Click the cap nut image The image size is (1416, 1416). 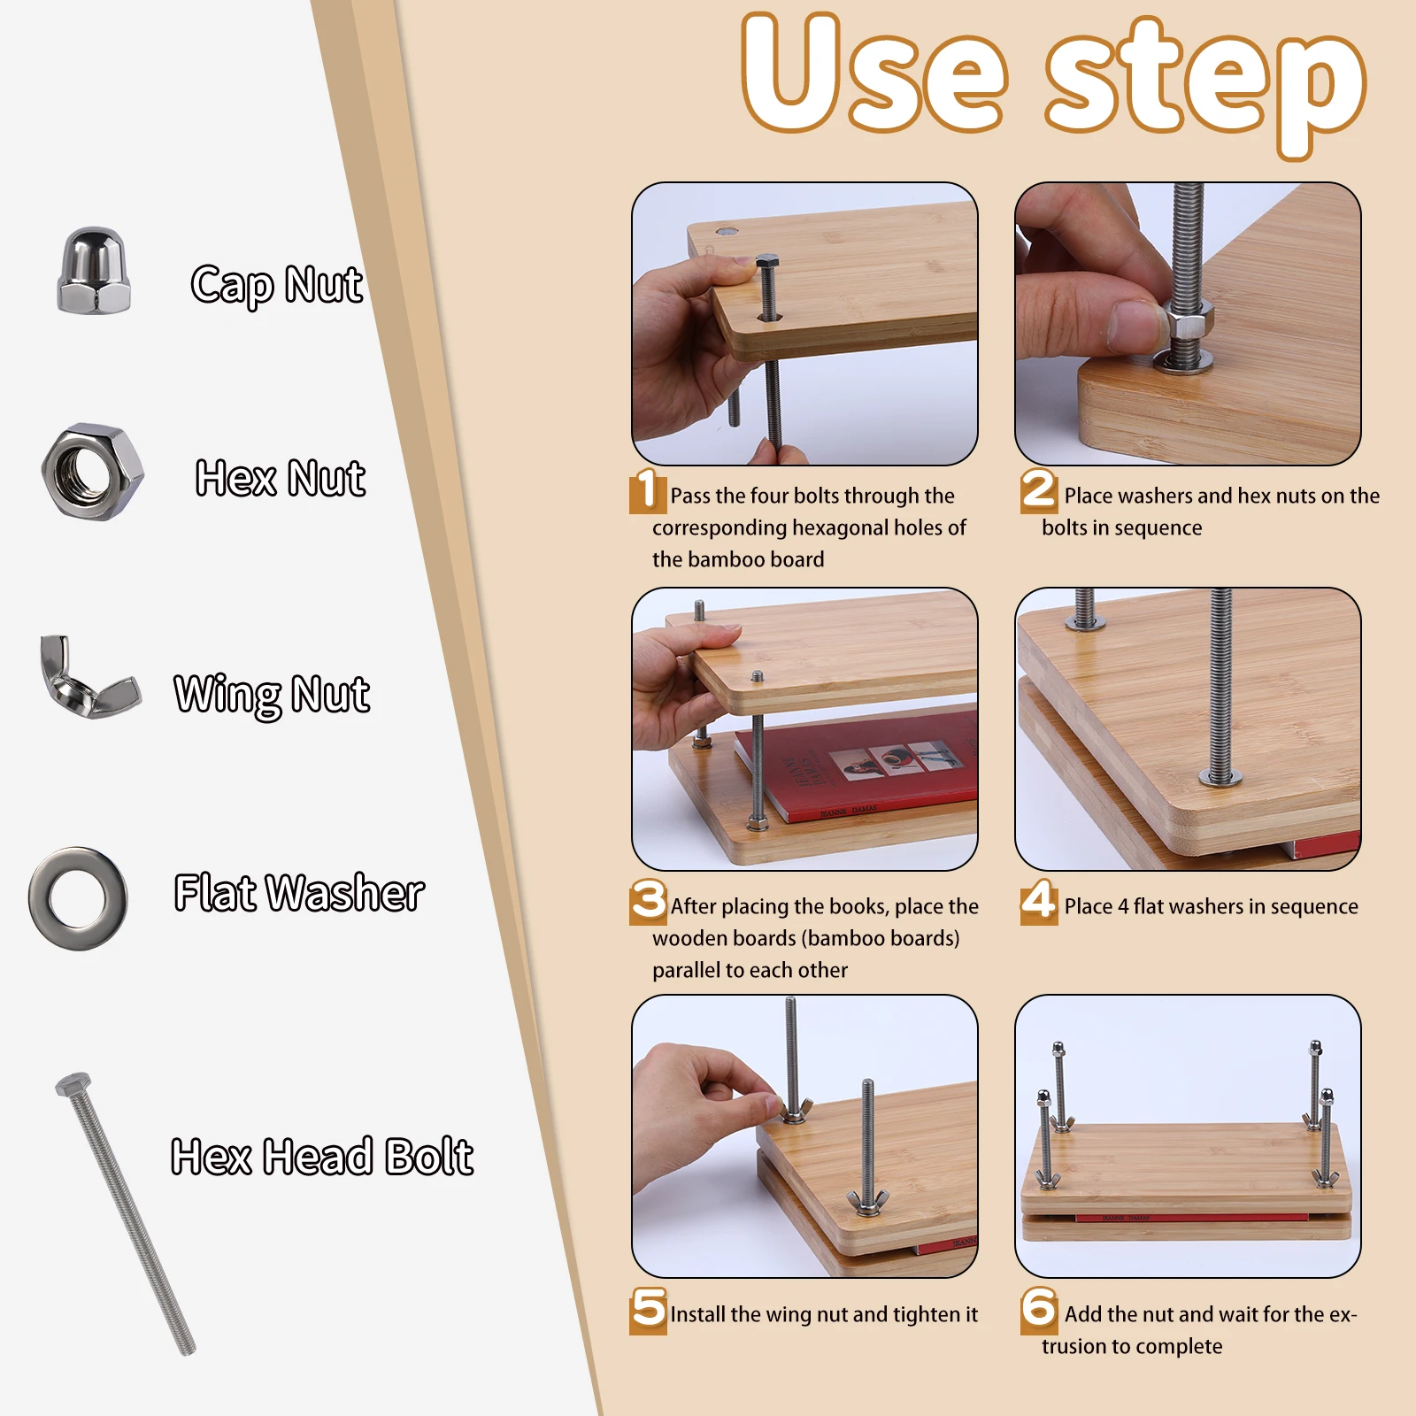click(93, 271)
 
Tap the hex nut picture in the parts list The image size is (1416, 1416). click(92, 472)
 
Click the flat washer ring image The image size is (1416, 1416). click(78, 898)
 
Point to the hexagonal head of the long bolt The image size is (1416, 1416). click(73, 1085)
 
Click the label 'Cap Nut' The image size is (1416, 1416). click(276, 285)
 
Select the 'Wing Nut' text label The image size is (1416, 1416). click(272, 694)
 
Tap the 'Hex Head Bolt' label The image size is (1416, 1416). click(321, 1157)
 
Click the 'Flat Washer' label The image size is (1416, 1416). click(299, 892)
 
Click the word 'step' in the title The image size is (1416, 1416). click(1205, 84)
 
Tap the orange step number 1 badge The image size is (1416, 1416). click(647, 491)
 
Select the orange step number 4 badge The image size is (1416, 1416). click(1038, 902)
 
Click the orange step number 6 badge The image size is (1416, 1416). click(1038, 1310)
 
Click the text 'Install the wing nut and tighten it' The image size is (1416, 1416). click(823, 1314)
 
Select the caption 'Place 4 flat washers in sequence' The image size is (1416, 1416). click(1210, 906)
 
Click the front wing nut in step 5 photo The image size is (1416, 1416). click(866, 1202)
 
